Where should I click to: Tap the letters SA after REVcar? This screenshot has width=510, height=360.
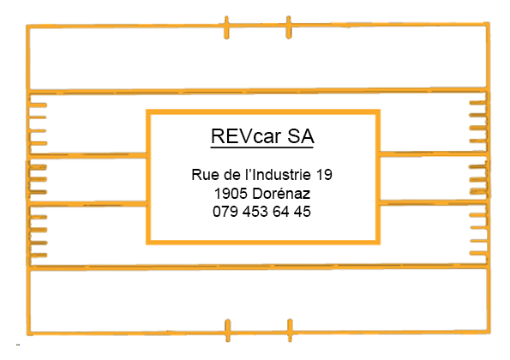pyautogui.click(x=301, y=136)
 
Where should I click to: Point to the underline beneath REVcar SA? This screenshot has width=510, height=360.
pyautogui.click(x=261, y=147)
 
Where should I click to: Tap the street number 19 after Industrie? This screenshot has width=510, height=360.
pyautogui.click(x=324, y=175)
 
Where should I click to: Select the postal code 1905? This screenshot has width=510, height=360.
pyautogui.click(x=231, y=194)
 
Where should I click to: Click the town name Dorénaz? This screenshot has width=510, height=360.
pyautogui.click(x=281, y=194)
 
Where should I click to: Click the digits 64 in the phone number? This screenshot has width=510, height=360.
pyautogui.click(x=280, y=212)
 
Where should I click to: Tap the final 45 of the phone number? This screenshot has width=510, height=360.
pyautogui.click(x=303, y=212)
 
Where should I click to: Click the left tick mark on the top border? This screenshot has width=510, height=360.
pyautogui.click(x=226, y=27)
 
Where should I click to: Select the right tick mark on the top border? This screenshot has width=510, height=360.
pyautogui.click(x=289, y=27)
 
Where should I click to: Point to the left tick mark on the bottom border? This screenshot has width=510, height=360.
pyautogui.click(x=228, y=330)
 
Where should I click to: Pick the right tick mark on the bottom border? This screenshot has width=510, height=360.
pyautogui.click(x=290, y=330)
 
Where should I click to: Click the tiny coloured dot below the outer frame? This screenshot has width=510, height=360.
pyautogui.click(x=18, y=345)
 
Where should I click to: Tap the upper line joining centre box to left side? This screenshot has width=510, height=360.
pyautogui.click(x=87, y=155)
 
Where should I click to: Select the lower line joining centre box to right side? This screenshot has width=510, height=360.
pyautogui.click(x=433, y=202)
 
